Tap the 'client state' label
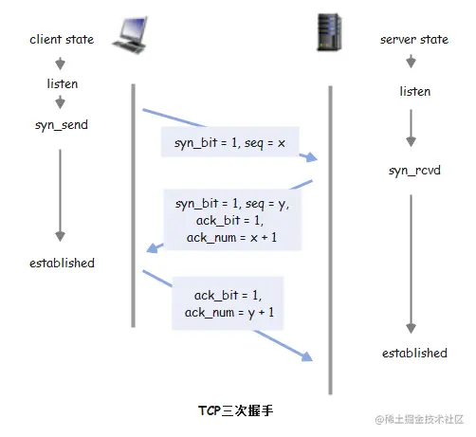point(61,41)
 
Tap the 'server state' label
point(412,41)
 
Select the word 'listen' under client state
point(62,84)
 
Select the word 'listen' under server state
point(414,91)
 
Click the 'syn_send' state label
point(62,125)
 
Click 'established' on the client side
point(62,263)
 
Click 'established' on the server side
point(414,353)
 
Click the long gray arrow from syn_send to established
point(62,194)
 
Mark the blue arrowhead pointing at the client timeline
point(151,249)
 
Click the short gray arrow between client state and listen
point(62,63)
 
